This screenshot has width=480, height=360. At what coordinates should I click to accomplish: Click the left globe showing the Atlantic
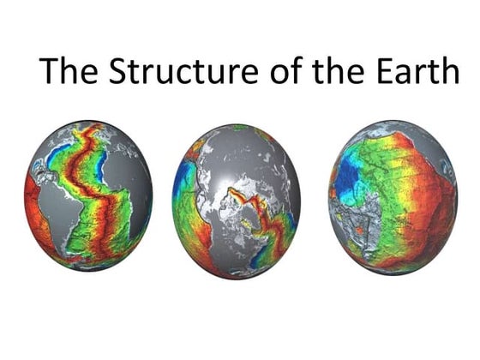point(88,196)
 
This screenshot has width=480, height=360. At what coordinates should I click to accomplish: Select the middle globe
point(237,199)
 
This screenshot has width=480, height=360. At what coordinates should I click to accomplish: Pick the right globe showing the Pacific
point(393,196)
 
